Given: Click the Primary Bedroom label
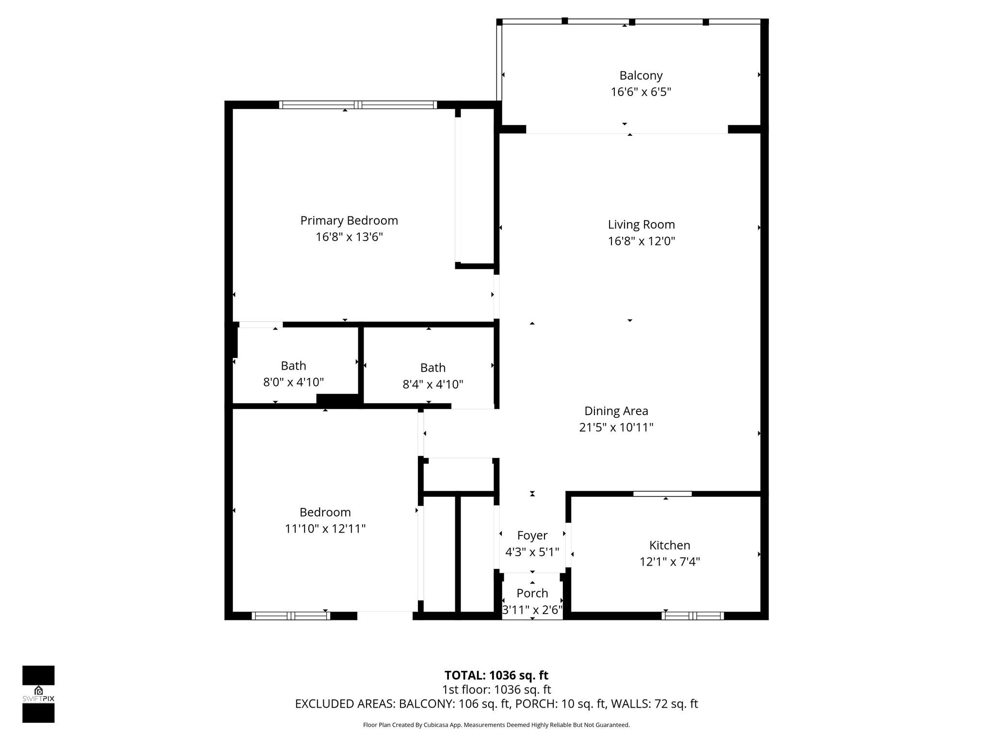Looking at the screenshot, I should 349,221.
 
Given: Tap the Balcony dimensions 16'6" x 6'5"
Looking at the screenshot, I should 641,92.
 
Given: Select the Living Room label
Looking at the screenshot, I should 641,225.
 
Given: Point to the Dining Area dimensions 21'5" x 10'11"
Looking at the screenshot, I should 616,427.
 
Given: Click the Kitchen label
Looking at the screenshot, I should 670,545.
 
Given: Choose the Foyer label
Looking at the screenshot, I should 532,535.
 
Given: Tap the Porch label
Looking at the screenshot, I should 532,593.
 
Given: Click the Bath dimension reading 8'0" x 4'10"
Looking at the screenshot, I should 293,382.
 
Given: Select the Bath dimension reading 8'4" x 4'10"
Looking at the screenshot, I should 432,384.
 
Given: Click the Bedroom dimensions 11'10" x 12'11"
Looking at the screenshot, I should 325,529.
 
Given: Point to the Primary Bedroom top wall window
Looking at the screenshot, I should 358,105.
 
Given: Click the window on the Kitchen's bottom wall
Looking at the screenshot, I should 692,616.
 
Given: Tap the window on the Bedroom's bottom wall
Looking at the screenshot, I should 290,616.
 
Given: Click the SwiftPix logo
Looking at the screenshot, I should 38,694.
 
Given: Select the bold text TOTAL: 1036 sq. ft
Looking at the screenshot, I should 496,675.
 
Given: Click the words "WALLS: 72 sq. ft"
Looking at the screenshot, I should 654,704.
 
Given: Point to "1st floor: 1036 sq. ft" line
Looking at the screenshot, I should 496,690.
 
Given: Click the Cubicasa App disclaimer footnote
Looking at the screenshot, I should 496,725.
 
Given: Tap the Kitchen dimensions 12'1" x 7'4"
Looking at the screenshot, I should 670,562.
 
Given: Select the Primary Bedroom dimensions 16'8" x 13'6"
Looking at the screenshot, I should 349,237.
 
